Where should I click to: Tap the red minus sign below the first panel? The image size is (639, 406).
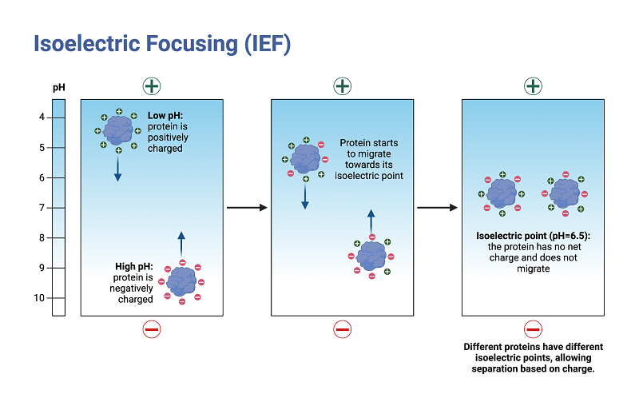(152, 328)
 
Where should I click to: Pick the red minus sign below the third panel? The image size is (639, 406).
(533, 328)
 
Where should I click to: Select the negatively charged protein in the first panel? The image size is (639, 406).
(182, 281)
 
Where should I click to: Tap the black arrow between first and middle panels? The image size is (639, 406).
(247, 208)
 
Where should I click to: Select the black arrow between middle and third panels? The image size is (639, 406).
(437, 208)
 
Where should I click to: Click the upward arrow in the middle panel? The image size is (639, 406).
(371, 222)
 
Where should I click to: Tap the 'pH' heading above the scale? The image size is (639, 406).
(58, 86)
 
